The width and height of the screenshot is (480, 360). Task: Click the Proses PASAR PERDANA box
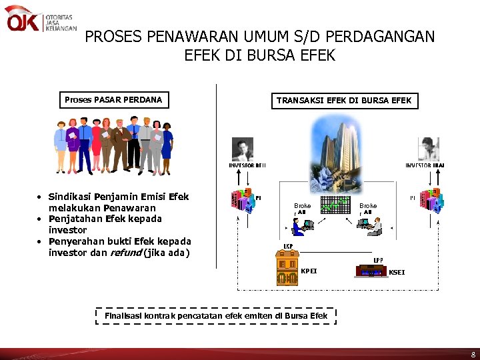coord(113,100)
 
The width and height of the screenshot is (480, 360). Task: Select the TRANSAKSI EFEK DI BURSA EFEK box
coord(344,101)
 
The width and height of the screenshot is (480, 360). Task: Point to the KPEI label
coord(309,271)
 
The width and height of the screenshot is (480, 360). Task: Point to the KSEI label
coord(397,272)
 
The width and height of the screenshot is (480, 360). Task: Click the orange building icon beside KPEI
coord(287,270)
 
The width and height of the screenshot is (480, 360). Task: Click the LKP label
coord(288,247)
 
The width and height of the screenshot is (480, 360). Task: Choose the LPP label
coord(378,260)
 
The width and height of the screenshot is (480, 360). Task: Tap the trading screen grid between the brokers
coord(335,204)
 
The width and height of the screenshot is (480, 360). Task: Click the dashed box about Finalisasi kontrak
coord(216,315)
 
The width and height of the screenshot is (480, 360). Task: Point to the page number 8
coord(472,353)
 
